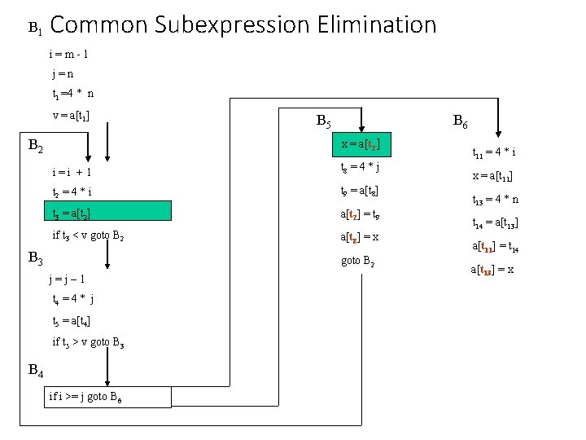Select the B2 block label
tap(36, 147)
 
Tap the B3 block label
tap(36, 258)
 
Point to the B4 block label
tap(36, 371)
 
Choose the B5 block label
tap(323, 123)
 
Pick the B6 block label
tap(460, 123)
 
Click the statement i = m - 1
tap(71, 55)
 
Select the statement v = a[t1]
tap(71, 115)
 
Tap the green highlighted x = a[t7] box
tap(361, 144)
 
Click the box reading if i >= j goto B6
tap(109, 397)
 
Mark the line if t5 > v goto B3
tap(89, 341)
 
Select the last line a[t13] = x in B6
tap(493, 270)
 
